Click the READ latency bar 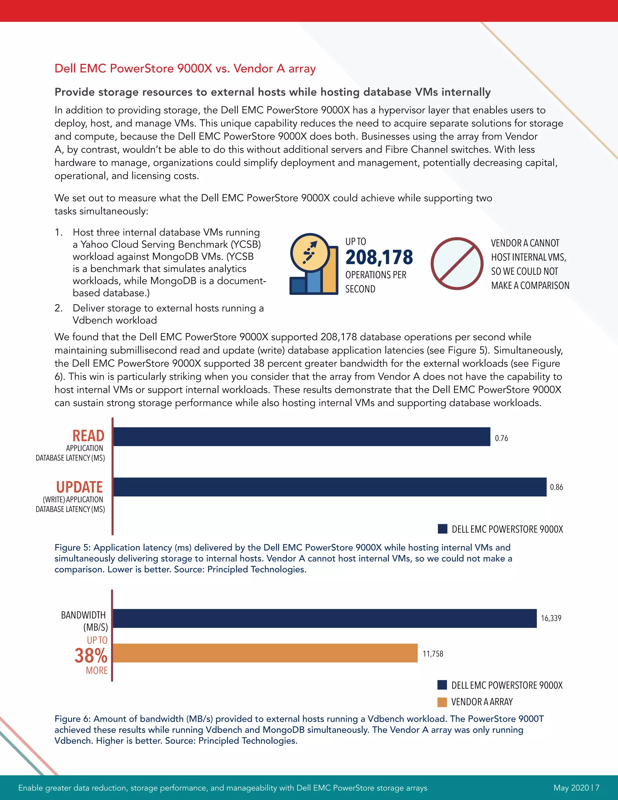coord(301,437)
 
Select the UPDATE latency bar coord(330,487)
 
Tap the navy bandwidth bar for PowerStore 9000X coord(324,618)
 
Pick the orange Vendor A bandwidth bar coord(265,653)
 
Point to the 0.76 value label coord(501,438)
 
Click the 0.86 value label coord(556,487)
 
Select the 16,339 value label coord(551,618)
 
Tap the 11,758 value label coord(433,654)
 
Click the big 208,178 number coord(379,257)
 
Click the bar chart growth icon coord(314,264)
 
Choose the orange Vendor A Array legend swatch coord(442,702)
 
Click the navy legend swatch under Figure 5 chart coord(442,529)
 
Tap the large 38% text coord(91,656)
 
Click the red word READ coord(88,436)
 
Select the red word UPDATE coord(79,487)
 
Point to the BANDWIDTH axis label coord(84,615)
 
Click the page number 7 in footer coord(597,788)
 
